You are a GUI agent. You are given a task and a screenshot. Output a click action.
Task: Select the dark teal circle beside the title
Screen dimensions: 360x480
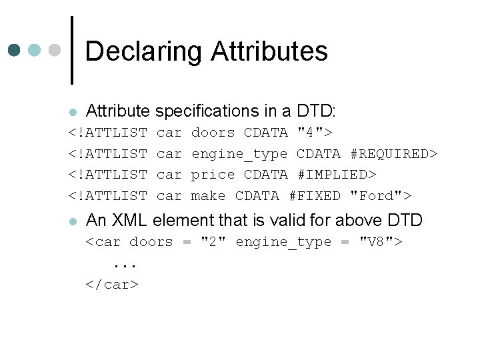15,50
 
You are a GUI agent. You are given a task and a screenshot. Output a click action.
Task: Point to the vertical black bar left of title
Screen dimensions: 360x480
71,50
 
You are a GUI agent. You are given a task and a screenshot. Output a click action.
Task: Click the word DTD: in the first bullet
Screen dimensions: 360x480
317,110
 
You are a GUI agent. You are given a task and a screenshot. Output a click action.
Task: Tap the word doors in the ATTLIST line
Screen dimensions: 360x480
213,133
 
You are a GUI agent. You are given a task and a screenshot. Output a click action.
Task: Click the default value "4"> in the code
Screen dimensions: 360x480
315,133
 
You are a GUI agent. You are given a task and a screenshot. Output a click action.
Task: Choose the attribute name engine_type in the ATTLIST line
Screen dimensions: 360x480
239,154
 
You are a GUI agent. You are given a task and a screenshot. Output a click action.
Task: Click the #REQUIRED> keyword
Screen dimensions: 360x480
394,154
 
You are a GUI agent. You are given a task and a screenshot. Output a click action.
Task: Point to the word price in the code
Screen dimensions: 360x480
213,175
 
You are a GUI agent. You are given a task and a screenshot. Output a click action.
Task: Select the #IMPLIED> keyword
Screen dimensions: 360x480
337,175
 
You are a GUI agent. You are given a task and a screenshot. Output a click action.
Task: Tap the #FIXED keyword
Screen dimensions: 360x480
315,195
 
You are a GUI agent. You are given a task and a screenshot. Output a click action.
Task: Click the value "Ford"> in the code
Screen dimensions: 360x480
381,195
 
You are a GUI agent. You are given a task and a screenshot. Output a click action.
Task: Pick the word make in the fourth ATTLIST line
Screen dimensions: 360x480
209,195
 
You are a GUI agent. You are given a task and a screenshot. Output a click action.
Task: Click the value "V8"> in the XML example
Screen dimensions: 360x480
381,242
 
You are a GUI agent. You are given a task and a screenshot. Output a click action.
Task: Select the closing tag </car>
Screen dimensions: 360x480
112,284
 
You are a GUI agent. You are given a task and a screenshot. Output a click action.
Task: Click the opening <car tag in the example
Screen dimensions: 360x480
103,242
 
